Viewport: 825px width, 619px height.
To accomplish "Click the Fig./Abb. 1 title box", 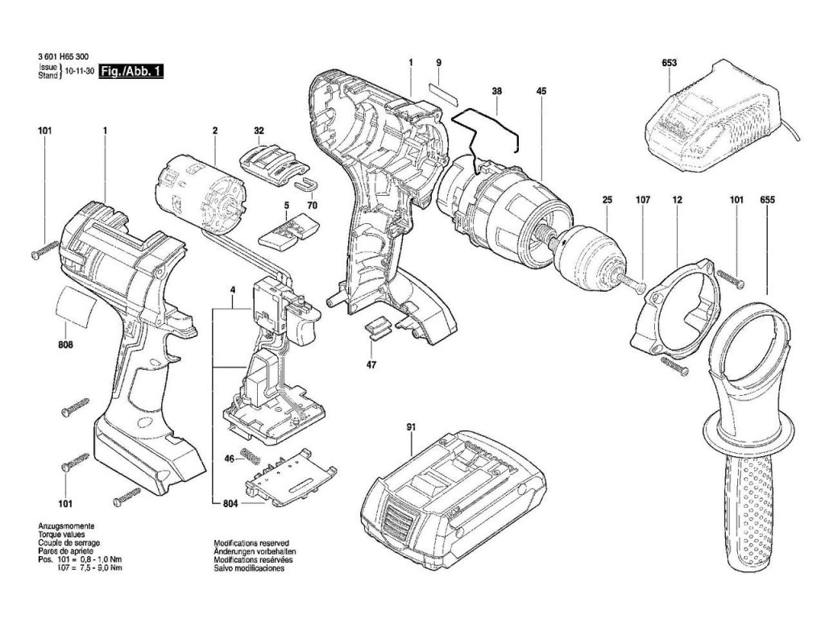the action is (x=131, y=72).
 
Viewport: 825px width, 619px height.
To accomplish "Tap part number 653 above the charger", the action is (x=670, y=63).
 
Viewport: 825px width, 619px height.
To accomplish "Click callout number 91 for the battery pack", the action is (x=411, y=427).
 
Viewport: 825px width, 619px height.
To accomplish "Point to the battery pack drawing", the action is (x=453, y=500).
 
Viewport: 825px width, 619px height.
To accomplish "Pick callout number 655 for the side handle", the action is (x=767, y=200).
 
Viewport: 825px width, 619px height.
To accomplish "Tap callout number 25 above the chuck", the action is (x=607, y=200).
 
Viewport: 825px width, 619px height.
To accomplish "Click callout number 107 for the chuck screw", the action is (x=643, y=200).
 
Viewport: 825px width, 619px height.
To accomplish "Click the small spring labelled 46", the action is (x=251, y=456).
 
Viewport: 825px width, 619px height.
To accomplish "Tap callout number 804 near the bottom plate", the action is (x=230, y=504).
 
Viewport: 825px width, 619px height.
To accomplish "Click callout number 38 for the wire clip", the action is (x=496, y=91).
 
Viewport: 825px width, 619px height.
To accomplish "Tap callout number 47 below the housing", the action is (x=371, y=364).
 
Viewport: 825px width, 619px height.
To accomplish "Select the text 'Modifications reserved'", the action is (x=251, y=542).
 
